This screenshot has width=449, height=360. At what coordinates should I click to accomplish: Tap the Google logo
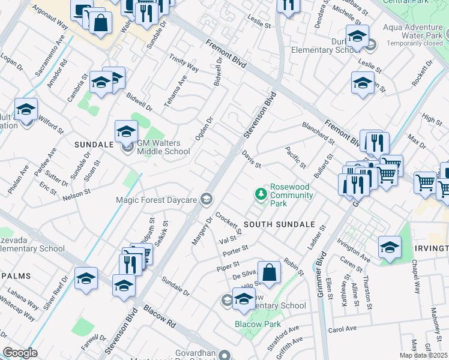pyautogui.click(x=20, y=353)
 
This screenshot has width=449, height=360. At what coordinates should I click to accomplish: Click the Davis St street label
pyautogui.click(x=252, y=160)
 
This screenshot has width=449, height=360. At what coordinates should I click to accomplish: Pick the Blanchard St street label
pyautogui.click(x=318, y=133)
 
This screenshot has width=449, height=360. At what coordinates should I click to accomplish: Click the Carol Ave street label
pyautogui.click(x=342, y=329)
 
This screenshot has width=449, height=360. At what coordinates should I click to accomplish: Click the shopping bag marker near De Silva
pyautogui.click(x=270, y=271)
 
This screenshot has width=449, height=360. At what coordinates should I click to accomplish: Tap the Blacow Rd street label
pyautogui.click(x=159, y=318)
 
